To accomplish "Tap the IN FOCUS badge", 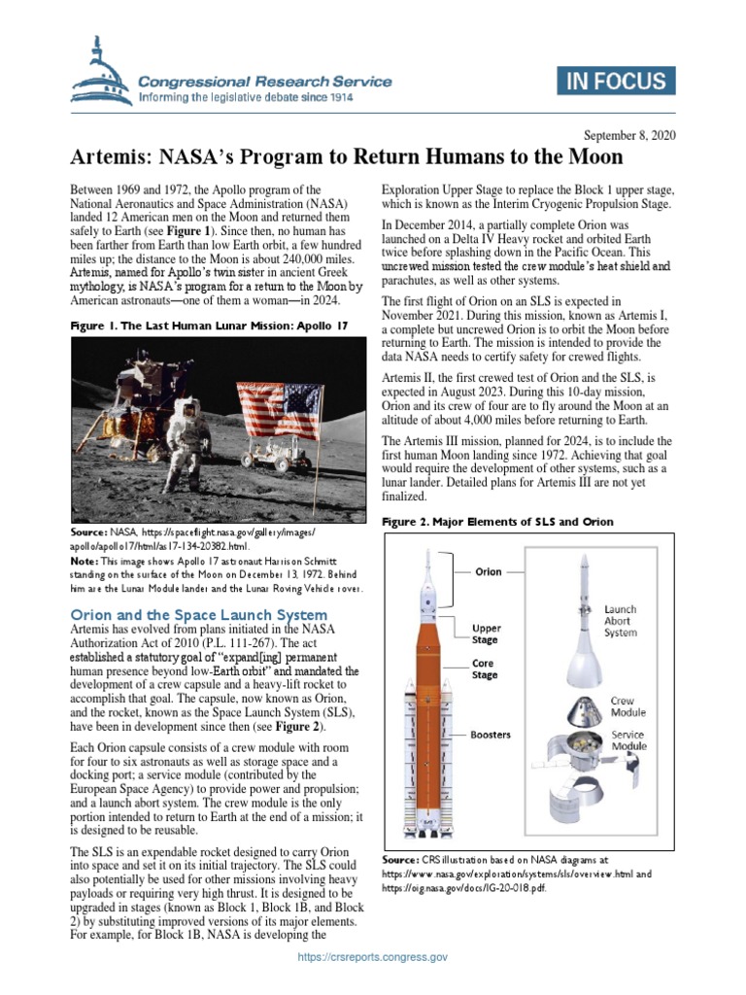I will click(616, 83).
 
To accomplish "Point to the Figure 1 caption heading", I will click(208, 327).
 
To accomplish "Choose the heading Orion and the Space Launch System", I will click(197, 615).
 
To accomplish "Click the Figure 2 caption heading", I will click(496, 522).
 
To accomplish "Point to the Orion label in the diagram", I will click(488, 572).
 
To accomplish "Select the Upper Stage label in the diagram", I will click(487, 635).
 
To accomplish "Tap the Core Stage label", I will click(485, 669).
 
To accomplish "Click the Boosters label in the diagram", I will click(492, 735).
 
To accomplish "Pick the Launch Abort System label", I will click(622, 621).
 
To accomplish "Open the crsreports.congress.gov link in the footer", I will click(373, 957).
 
